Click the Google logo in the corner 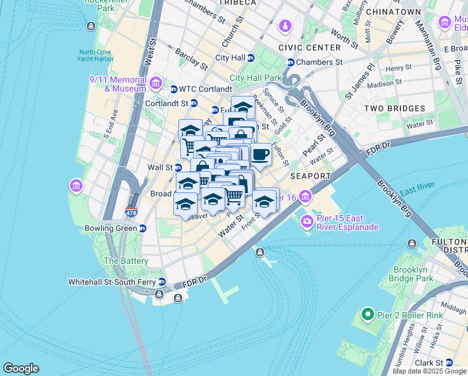point(21,368)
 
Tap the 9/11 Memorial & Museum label point(118,84)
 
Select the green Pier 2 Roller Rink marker point(367,314)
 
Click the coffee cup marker point(261,154)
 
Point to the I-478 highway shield point(131,212)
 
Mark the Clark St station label point(429,362)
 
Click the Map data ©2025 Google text point(429,371)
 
